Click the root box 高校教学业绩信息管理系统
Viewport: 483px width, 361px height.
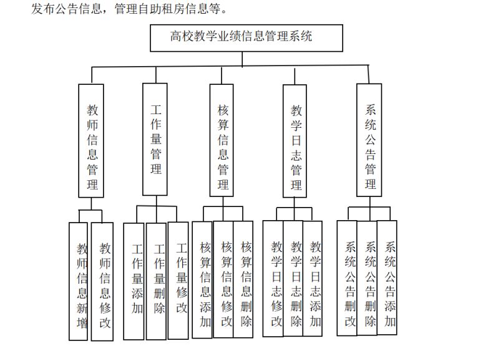[246, 38]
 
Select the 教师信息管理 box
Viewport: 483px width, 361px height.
[91, 141]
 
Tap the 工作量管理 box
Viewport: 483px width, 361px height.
[155, 139]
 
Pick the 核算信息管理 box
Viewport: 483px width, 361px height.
[222, 140]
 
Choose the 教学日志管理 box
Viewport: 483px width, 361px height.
[295, 141]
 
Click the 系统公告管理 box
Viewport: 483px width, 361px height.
[369, 140]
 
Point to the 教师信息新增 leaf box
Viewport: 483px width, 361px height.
[78, 281]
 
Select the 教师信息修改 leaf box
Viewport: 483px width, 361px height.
[102, 281]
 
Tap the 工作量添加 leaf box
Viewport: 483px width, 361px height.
[134, 281]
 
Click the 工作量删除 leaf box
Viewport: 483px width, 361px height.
[156, 281]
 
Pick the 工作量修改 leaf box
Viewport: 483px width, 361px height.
[178, 281]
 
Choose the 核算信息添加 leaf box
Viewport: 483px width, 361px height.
[202, 280]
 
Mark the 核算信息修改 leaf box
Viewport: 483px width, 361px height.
[223, 279]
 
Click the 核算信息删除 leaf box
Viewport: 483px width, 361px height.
[243, 279]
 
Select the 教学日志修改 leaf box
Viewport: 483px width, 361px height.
[273, 279]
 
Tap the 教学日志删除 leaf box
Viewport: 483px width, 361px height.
[293, 278]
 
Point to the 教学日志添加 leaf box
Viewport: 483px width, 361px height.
[313, 278]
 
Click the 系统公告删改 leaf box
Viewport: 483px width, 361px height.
[347, 278]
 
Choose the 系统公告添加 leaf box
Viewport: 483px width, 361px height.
[387, 277]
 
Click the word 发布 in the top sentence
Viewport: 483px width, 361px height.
[43, 8]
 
